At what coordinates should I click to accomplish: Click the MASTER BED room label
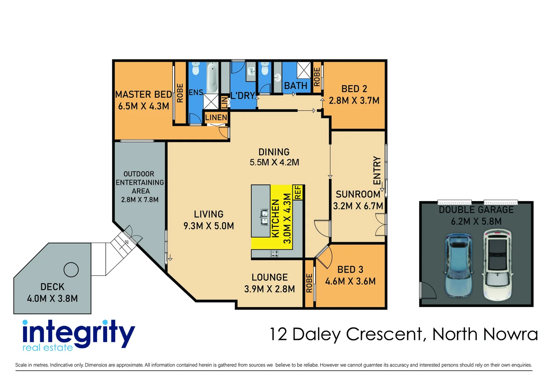point(143,95)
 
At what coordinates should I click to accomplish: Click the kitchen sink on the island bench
point(264,218)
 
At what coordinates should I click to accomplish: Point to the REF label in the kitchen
point(298,192)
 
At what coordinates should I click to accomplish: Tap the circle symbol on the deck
point(71,269)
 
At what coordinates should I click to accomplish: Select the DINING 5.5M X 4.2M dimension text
point(274,162)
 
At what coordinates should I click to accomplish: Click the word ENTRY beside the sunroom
point(377,170)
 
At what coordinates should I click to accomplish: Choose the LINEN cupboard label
point(216,118)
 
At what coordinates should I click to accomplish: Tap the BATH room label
point(296,86)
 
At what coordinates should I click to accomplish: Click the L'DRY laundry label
point(243,96)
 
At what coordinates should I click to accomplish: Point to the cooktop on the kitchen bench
point(275,254)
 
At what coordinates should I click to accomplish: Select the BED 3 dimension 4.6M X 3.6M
point(350,281)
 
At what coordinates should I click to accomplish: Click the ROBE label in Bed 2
point(317,77)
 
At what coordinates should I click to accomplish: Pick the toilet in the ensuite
point(195,68)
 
